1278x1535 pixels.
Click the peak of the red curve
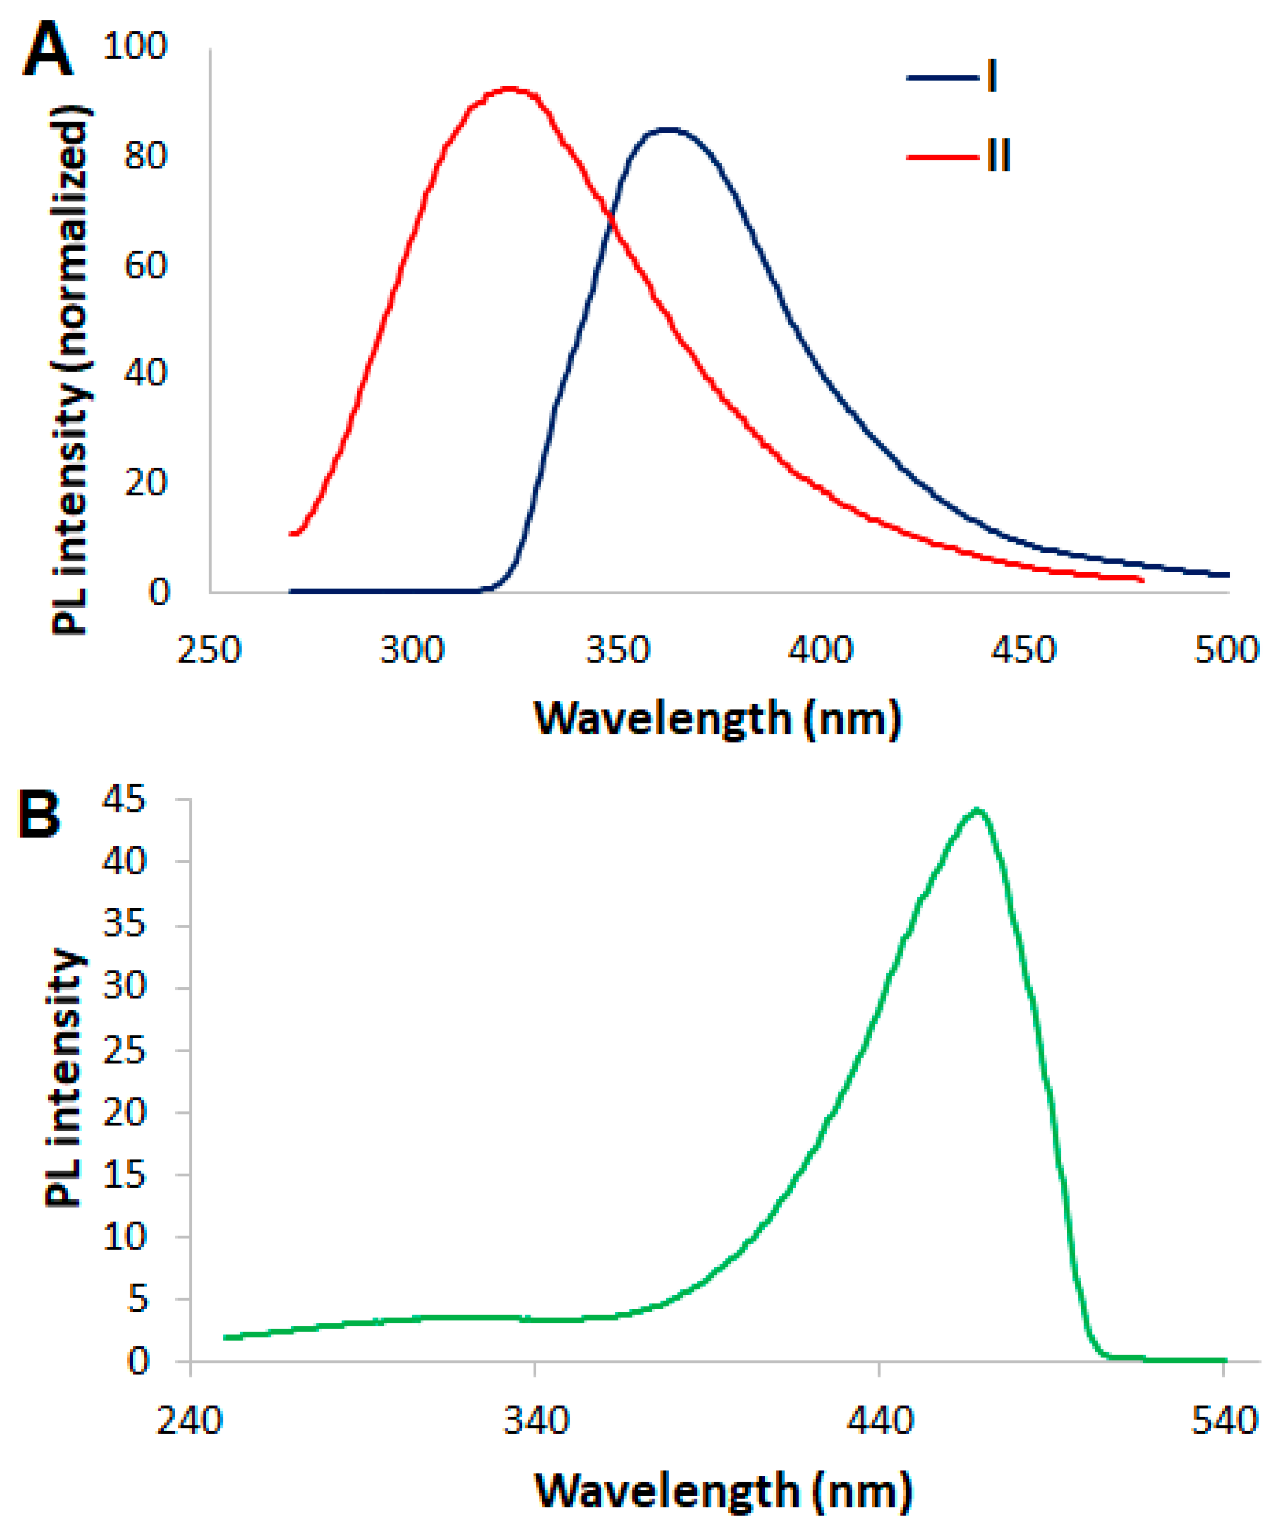(x=509, y=89)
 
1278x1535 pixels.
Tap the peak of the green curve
(x=977, y=810)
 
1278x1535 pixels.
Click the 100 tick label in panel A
(x=135, y=46)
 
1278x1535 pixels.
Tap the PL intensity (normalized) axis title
(x=71, y=369)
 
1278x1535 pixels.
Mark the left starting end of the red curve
(x=292, y=534)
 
